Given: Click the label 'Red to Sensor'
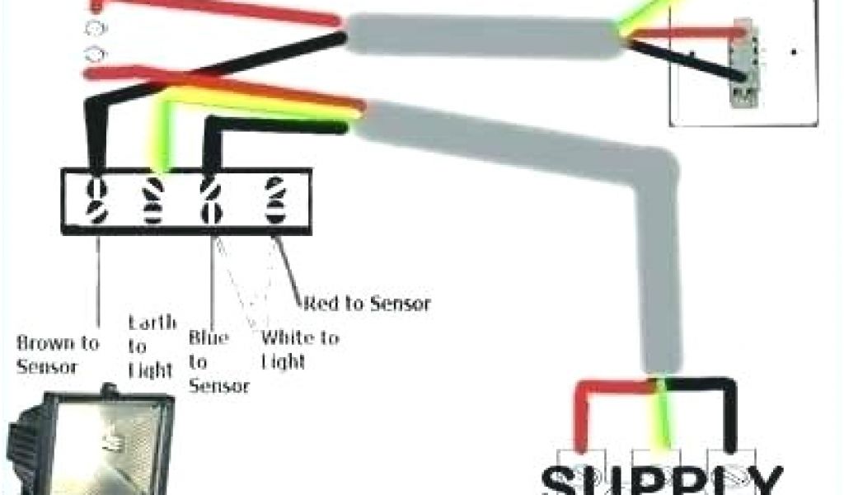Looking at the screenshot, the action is coord(367,304).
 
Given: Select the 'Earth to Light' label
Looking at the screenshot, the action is coord(151,346).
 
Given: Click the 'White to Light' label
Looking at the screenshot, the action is coord(299,349).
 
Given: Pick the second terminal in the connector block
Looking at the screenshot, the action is coord(154,201).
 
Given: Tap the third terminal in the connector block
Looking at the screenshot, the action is coord(213,201).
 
